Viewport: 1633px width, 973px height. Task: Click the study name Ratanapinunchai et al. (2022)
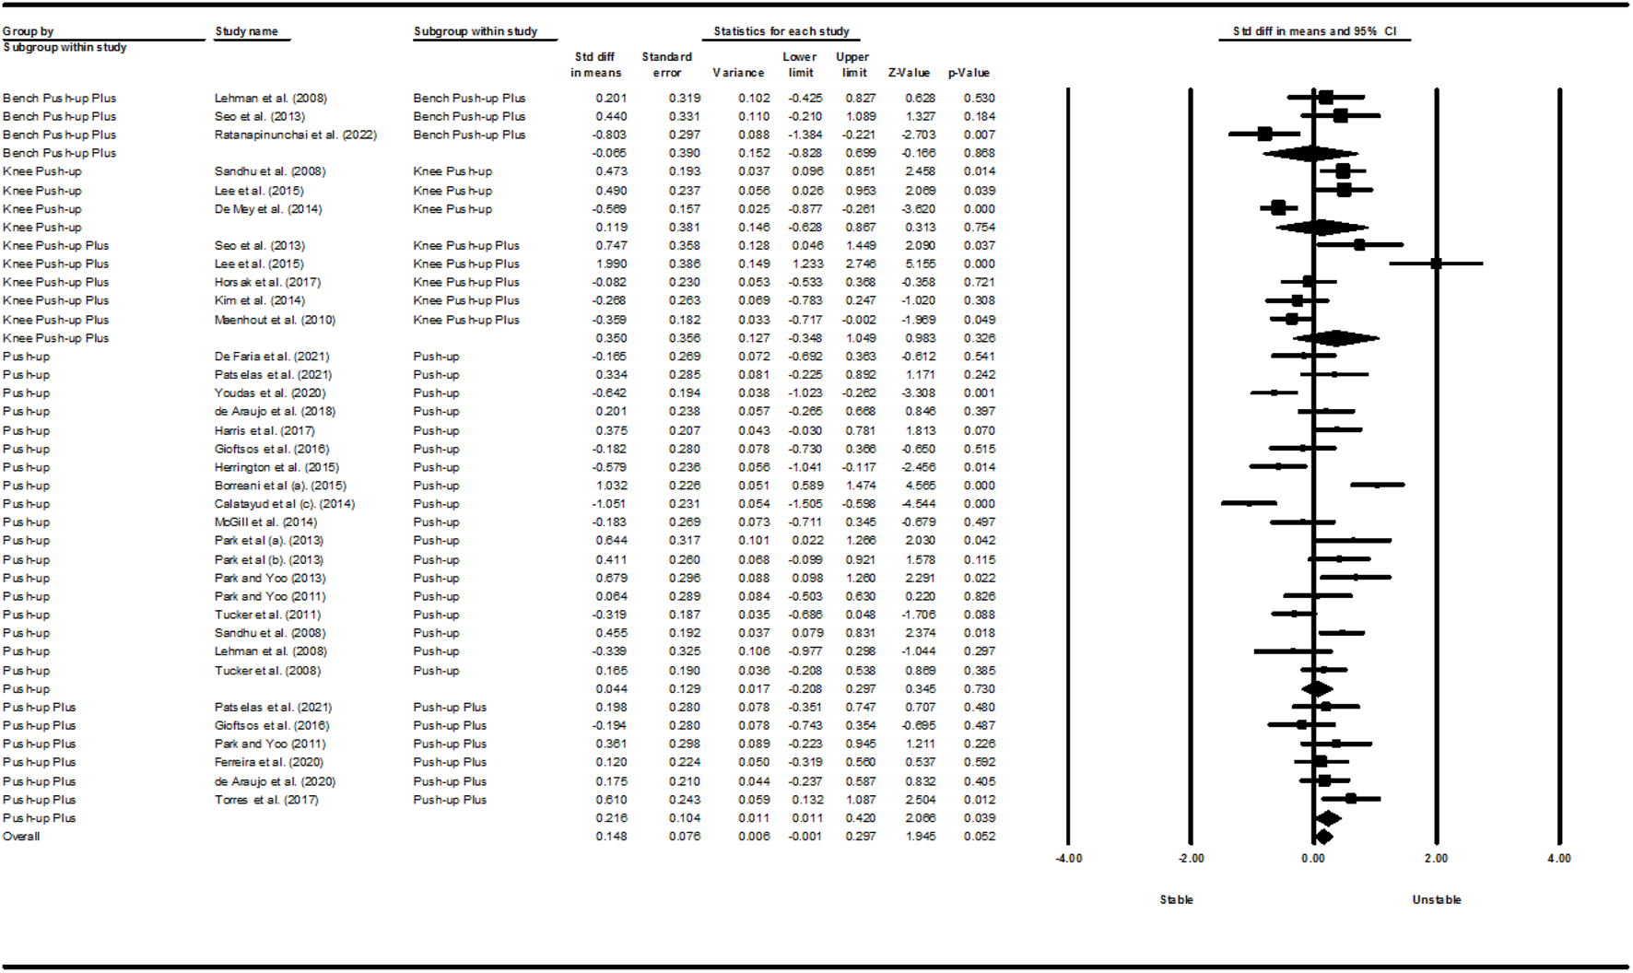295,135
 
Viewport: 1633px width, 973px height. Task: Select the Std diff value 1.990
611,264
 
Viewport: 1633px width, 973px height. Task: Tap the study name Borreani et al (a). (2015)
280,486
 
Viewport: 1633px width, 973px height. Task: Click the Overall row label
21,837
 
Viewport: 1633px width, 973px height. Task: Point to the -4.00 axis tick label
1068,859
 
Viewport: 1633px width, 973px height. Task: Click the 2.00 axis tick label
1436,859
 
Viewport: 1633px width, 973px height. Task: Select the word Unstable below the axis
1437,900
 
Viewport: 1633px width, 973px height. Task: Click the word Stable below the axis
1176,900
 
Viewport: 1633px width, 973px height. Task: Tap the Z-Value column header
909,73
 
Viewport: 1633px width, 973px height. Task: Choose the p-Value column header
969,73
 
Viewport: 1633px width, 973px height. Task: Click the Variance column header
738,73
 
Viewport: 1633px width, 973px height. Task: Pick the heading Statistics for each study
781,31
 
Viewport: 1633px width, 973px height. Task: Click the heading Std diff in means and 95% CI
1314,31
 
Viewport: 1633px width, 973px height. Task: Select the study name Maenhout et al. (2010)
275,320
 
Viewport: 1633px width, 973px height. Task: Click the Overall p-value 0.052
980,837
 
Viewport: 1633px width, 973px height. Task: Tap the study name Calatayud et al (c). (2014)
284,504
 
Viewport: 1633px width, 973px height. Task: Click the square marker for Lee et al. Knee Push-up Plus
1436,264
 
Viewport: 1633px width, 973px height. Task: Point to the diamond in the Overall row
1322,837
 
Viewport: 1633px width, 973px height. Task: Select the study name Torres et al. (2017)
266,800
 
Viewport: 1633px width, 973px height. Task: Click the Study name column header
246,31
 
